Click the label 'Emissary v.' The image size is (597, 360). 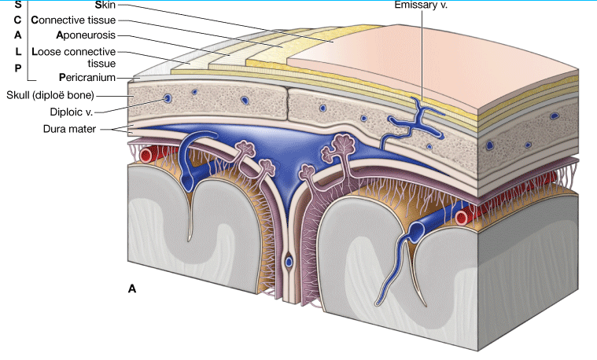click(x=422, y=5)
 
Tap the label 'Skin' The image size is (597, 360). click(x=105, y=5)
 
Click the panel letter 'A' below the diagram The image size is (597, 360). click(x=132, y=289)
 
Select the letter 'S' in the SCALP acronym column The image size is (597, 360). click(x=17, y=5)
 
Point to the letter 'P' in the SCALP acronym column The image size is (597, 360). click(x=17, y=68)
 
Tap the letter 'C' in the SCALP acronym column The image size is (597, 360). click(x=17, y=20)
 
